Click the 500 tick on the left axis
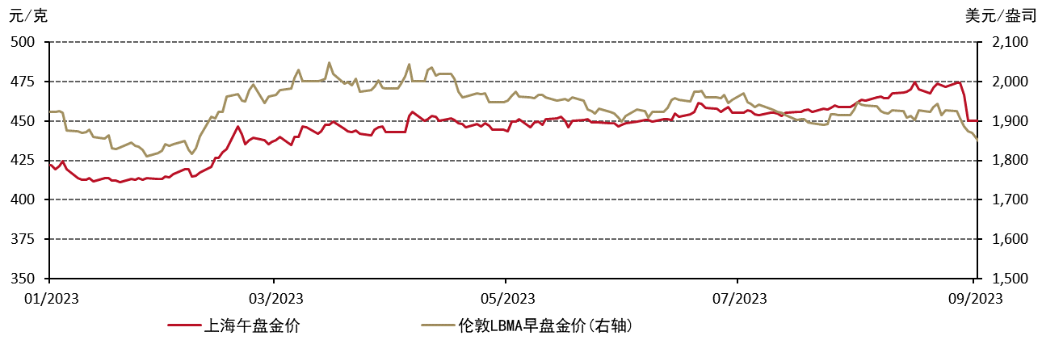23,42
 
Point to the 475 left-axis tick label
23,82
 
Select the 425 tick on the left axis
23,161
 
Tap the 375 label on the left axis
23,239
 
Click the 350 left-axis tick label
23,279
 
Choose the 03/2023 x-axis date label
273,299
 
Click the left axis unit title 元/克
28,15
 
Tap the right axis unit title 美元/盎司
999,15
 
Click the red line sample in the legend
185,325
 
